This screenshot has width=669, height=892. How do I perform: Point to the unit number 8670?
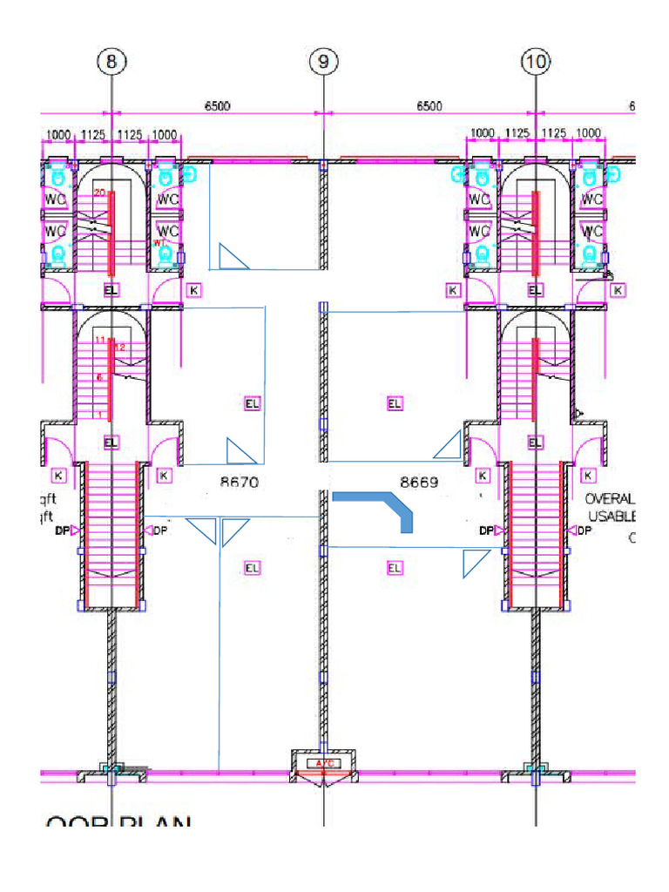240,482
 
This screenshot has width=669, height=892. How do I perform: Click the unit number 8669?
420,482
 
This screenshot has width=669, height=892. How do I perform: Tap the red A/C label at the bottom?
324,764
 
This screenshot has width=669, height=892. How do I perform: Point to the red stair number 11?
100,340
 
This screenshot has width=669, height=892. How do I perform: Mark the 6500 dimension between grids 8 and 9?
217,106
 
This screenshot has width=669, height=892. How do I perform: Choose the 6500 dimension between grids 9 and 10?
429,106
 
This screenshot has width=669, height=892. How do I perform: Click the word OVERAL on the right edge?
611,500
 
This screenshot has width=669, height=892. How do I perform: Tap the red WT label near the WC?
159,243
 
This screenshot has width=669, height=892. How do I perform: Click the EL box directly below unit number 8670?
252,568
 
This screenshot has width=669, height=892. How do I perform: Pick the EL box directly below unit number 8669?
395,568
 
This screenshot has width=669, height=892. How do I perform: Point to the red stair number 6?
100,377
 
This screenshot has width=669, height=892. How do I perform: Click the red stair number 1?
101,414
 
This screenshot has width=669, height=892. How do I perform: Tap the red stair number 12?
120,348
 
